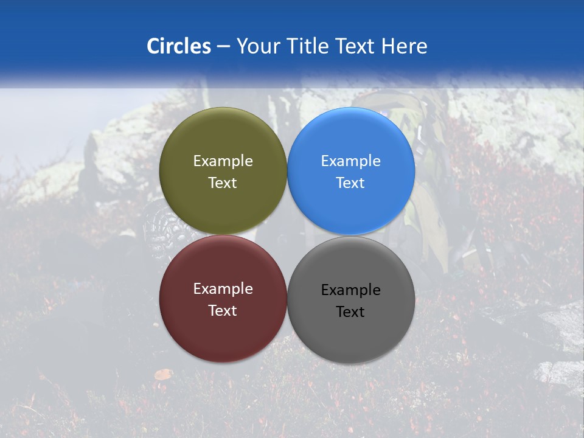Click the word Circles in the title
coord(178,46)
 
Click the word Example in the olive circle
coord(223,161)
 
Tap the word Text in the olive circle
coord(223,183)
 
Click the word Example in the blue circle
coord(351,161)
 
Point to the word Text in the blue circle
coord(350,183)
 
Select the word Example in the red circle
coord(223,289)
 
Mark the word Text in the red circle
coord(223,311)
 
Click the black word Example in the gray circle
coord(351,290)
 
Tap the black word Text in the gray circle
coord(350,312)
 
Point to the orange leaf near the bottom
coord(162,375)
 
